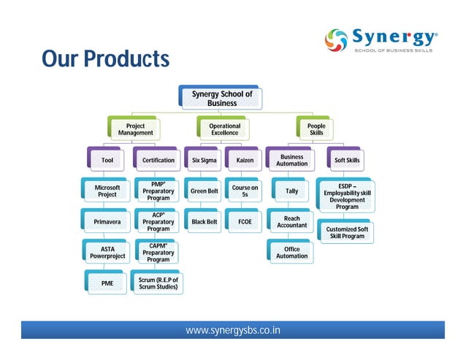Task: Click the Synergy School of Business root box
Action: (x=221, y=99)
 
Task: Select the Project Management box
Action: (x=136, y=129)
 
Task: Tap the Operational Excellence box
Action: (x=224, y=129)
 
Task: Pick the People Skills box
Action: (x=316, y=129)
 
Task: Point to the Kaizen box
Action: (x=245, y=160)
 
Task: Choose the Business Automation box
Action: (x=291, y=160)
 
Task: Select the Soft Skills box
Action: (x=347, y=160)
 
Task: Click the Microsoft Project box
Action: (x=107, y=191)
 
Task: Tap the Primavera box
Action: (x=107, y=221)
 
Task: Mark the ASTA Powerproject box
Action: (x=107, y=253)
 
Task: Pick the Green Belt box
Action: (x=204, y=191)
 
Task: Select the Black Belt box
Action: (x=204, y=221)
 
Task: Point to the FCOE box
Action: (x=245, y=221)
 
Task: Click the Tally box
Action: (x=291, y=191)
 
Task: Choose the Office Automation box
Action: (x=291, y=253)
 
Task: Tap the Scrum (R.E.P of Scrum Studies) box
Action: (x=158, y=283)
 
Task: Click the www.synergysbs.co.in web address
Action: (x=233, y=331)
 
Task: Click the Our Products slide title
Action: (x=105, y=58)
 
